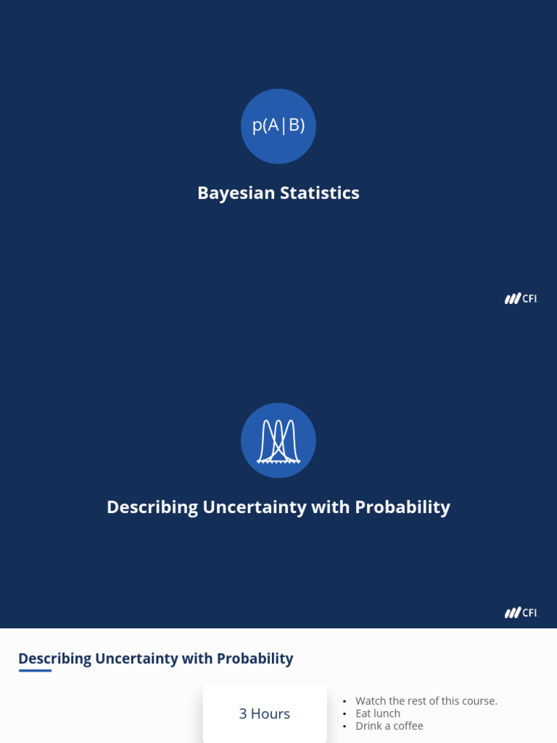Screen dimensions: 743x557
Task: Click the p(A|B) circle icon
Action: pos(278,126)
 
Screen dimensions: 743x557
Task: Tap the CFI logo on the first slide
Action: pos(521,299)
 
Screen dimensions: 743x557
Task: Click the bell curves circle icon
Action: pos(278,440)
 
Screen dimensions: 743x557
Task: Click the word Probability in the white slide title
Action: pos(403,507)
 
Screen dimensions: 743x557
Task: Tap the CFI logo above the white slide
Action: pos(521,613)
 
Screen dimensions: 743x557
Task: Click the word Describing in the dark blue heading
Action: pos(54,659)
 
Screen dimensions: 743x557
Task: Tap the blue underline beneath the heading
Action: pos(35,670)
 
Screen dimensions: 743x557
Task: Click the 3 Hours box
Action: pos(265,714)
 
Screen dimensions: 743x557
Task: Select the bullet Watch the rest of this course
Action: pos(426,701)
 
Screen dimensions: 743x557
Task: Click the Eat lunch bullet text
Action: pos(378,713)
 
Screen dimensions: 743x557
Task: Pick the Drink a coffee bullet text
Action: pos(389,726)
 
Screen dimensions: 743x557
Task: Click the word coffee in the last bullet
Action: pos(408,726)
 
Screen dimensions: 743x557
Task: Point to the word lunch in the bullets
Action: pos(387,713)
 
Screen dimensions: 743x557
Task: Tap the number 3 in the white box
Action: pos(243,714)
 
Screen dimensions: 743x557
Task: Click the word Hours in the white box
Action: pos(271,714)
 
